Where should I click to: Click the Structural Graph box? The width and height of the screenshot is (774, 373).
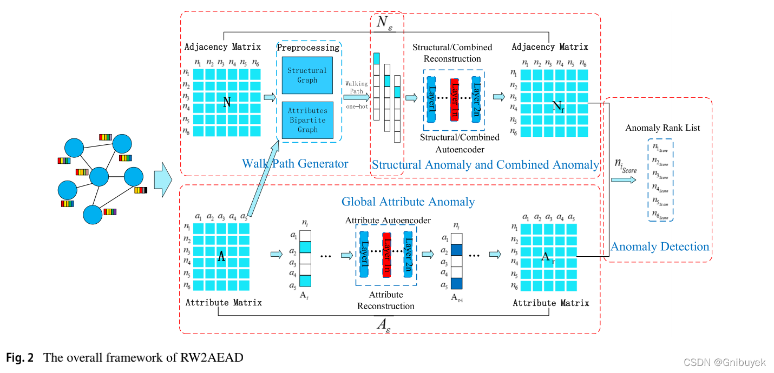(307, 75)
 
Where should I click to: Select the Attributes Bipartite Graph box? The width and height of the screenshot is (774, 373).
(307, 119)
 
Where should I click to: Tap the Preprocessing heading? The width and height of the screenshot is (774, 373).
(308, 48)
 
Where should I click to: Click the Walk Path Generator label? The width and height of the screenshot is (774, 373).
(295, 163)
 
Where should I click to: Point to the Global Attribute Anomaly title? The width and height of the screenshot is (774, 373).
(408, 202)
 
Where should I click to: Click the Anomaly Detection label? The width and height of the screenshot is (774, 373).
(660, 247)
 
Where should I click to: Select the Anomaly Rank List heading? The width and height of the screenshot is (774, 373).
(663, 128)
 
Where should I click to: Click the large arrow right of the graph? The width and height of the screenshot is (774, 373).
(162, 178)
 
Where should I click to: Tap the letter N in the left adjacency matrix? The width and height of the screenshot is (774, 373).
(227, 102)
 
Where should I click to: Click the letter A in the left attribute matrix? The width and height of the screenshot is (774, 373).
(221, 257)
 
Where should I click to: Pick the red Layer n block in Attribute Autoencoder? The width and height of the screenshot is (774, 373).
(386, 254)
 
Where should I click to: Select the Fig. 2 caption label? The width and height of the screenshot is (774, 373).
(21, 357)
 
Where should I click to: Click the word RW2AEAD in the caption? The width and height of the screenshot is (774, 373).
(213, 357)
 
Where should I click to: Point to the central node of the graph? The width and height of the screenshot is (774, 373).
(100, 177)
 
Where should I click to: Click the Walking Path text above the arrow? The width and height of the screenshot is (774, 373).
(357, 87)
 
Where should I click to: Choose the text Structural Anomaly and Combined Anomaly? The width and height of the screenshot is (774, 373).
(486, 164)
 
